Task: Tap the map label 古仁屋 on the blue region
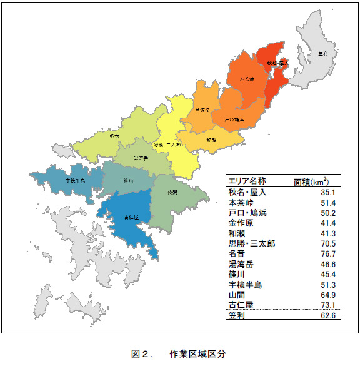(x=132, y=218)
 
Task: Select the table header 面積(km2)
(x=316, y=181)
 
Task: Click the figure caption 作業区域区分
(x=197, y=353)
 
